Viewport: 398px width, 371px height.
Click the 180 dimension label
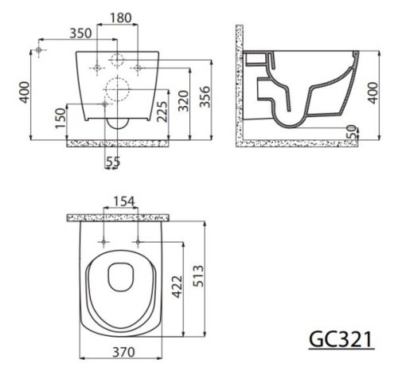(121, 18)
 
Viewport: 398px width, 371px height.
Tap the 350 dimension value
(80, 33)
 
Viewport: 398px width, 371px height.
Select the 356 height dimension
(205, 97)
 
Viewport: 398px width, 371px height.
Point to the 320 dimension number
(183, 101)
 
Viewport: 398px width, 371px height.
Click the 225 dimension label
(162, 111)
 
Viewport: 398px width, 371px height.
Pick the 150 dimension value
(60, 118)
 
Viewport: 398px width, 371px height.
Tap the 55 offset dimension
(113, 162)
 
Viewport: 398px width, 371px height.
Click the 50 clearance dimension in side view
(353, 132)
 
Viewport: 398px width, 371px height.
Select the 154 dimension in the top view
(124, 201)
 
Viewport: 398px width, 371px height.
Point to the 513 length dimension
(198, 276)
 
